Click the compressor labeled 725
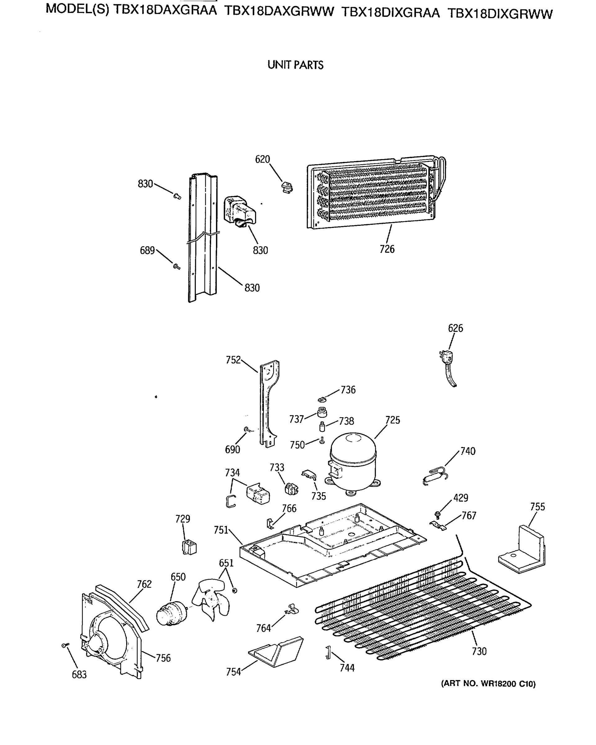click(x=352, y=461)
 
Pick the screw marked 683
click(x=65, y=645)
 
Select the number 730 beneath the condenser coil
click(x=479, y=651)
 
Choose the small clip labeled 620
click(x=287, y=187)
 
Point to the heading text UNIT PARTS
click(x=296, y=65)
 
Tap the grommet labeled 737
click(x=322, y=413)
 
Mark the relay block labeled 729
click(x=189, y=547)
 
